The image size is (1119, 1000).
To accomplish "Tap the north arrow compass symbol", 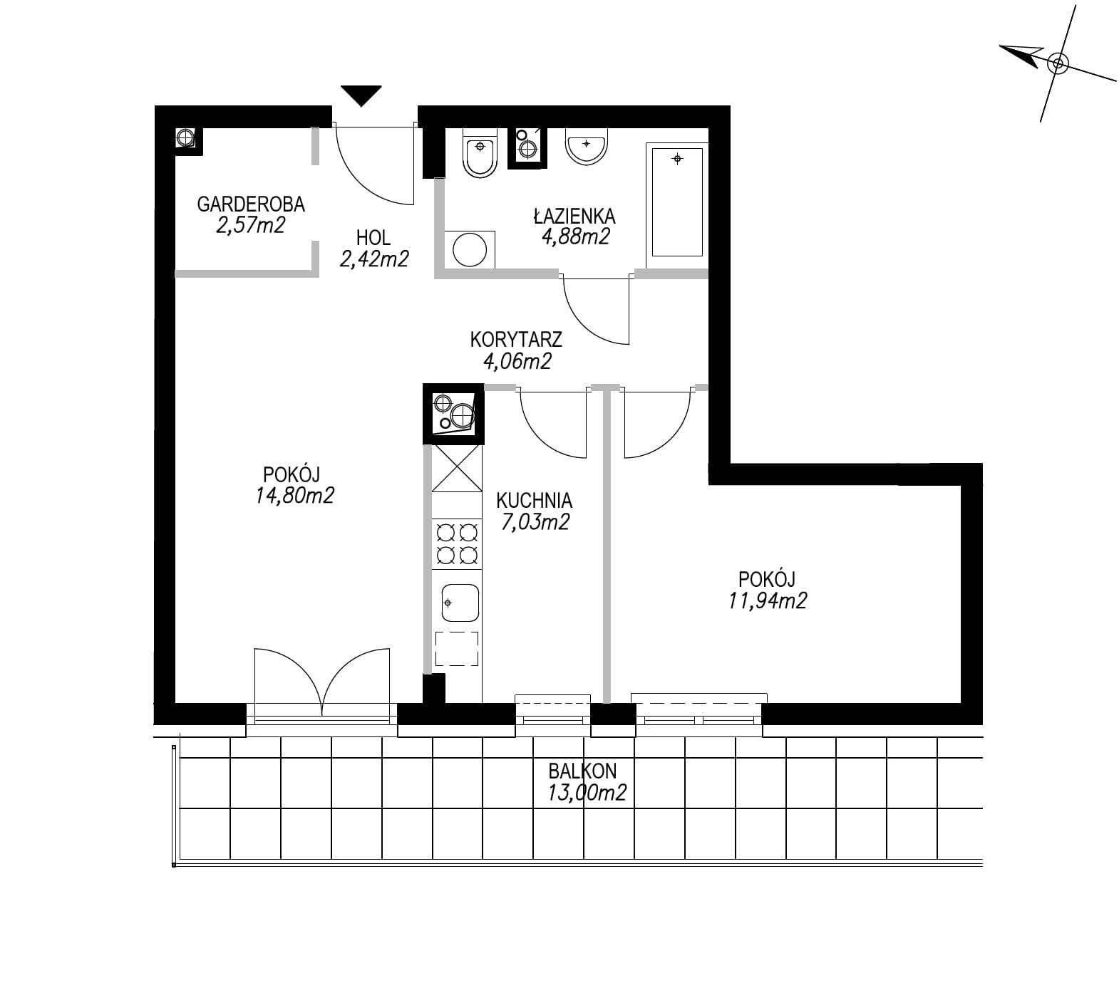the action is [1058, 63].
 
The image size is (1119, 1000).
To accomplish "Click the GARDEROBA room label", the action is [251, 204].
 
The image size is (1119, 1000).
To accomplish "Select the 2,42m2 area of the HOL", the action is [374, 259].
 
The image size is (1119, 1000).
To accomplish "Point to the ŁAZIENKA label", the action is [574, 215].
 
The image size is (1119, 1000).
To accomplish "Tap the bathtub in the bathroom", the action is [676, 199].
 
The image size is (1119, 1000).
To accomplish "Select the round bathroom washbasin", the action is [586, 146].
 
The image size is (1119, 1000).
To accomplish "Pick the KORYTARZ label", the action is [516, 339].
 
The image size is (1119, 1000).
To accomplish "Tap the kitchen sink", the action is [460, 603].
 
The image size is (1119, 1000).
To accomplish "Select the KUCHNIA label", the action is [534, 500].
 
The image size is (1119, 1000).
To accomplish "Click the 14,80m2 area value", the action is [295, 495].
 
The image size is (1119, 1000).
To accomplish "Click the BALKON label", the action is [582, 771].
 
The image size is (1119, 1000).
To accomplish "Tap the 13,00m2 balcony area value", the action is [587, 792].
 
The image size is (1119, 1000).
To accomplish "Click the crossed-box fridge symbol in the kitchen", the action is [457, 468].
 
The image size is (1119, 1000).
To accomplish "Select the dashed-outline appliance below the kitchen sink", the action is [456, 648].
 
